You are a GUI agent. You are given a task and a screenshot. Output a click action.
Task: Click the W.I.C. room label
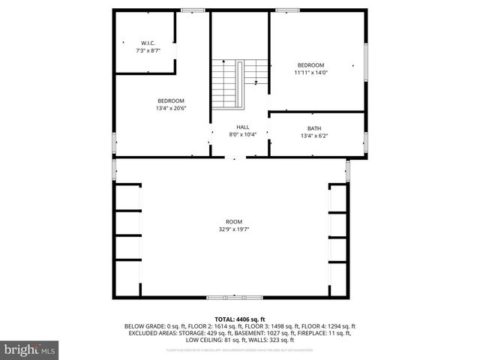pyautogui.click(x=147, y=43)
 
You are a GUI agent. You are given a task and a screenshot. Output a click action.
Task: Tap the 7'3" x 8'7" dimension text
pyautogui.click(x=147, y=50)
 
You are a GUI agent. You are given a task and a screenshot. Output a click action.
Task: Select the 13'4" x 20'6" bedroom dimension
pyautogui.click(x=170, y=108)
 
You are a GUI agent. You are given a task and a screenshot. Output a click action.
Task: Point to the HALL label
pyautogui.click(x=243, y=127)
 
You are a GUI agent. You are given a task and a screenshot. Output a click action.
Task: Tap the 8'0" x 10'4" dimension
pyautogui.click(x=243, y=134)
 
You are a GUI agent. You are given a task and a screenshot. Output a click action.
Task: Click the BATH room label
pyautogui.click(x=313, y=128)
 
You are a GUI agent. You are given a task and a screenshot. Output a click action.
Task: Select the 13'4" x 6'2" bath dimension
pyautogui.click(x=313, y=136)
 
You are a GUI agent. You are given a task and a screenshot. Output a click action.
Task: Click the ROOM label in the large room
pyautogui.click(x=234, y=221)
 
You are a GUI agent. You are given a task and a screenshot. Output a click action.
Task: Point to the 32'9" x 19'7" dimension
pyautogui.click(x=234, y=229)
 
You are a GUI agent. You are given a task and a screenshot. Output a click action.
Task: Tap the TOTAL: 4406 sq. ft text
pyautogui.click(x=240, y=319)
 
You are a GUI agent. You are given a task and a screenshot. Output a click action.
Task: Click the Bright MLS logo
pyautogui.click(x=30, y=349)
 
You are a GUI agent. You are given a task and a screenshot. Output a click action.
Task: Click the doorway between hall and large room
pyautogui.click(x=234, y=157)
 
